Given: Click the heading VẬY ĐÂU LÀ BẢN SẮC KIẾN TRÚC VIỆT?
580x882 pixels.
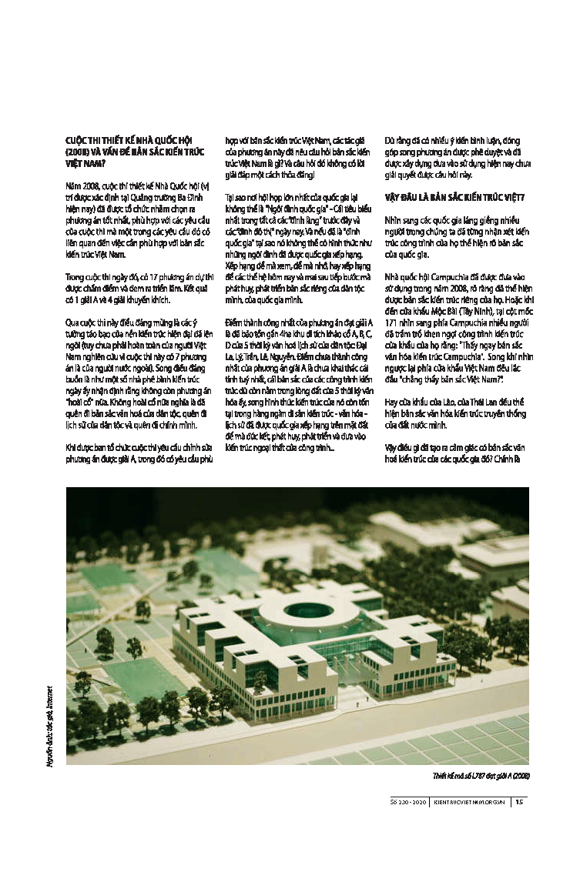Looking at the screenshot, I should pyautogui.click(x=454, y=198).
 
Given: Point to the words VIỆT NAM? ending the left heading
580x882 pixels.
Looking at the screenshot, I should pyautogui.click(x=83, y=164).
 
